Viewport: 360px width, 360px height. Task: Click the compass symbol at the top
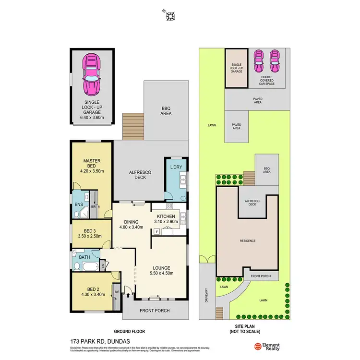(170, 16)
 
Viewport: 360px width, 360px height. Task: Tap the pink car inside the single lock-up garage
(91, 74)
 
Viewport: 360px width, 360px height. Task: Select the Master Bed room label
(91, 161)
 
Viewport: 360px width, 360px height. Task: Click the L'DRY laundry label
(176, 168)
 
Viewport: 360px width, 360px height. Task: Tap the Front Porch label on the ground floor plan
(154, 311)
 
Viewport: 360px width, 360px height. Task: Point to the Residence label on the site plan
(248, 240)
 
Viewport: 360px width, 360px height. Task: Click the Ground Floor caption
(129, 331)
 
